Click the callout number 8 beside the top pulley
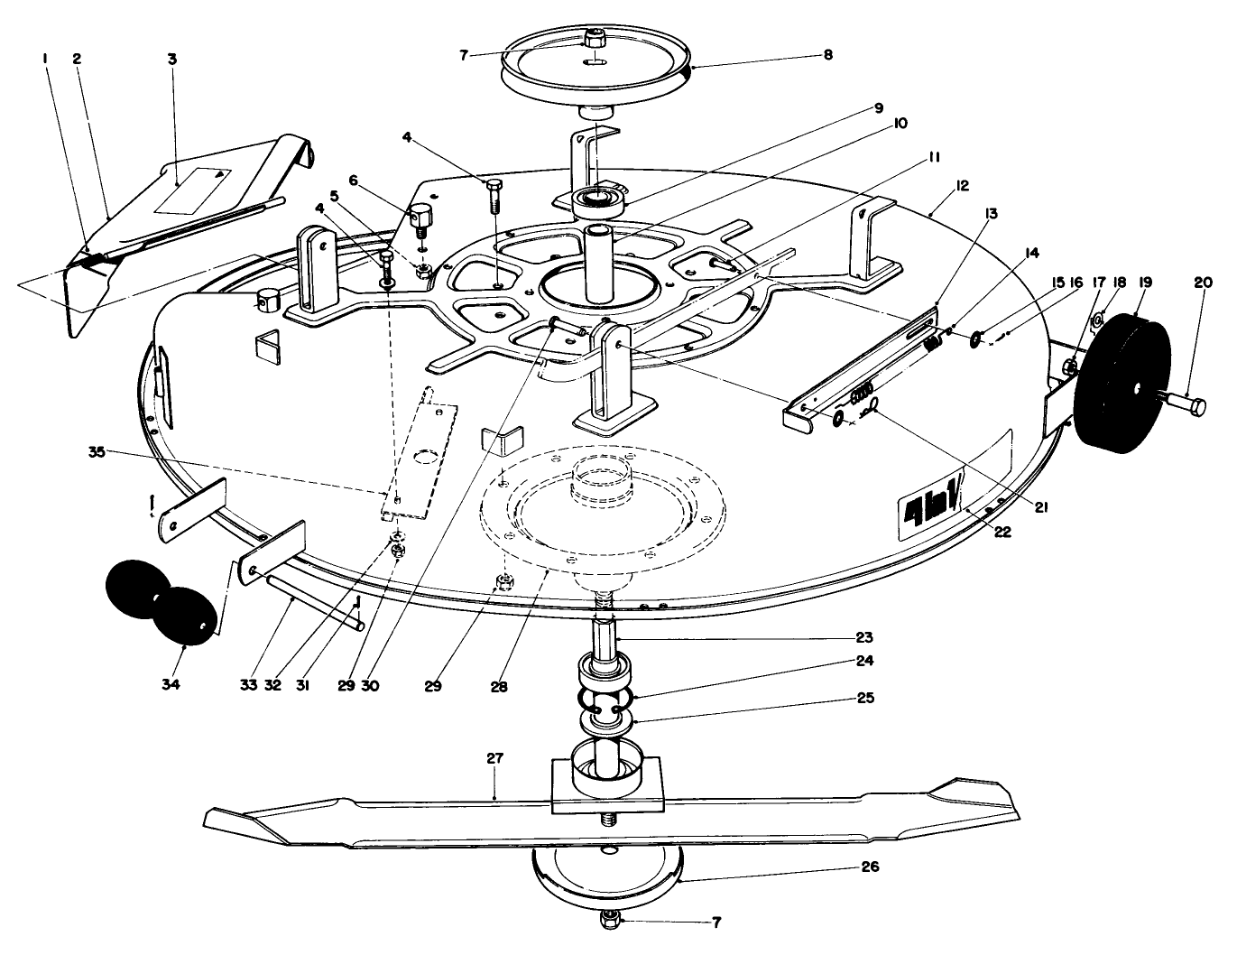(828, 54)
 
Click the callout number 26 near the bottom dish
(871, 867)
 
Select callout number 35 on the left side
(97, 452)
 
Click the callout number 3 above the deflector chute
(172, 59)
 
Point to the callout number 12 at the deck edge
(962, 185)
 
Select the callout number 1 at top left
(44, 59)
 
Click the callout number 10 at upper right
(900, 123)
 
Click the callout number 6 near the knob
(353, 181)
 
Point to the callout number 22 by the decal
(1002, 533)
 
